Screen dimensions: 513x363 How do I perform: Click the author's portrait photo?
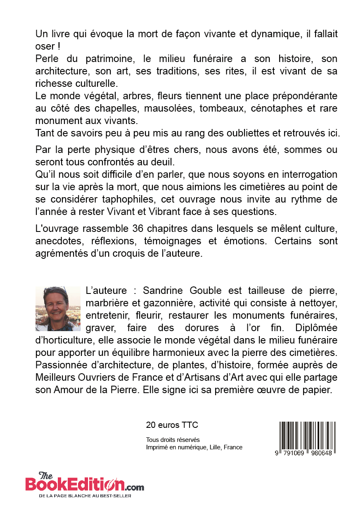pyautogui.click(x=58, y=309)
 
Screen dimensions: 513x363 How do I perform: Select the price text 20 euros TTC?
pyautogui.click(x=172, y=425)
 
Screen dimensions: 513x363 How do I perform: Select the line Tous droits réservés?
pyautogui.click(x=173, y=440)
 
